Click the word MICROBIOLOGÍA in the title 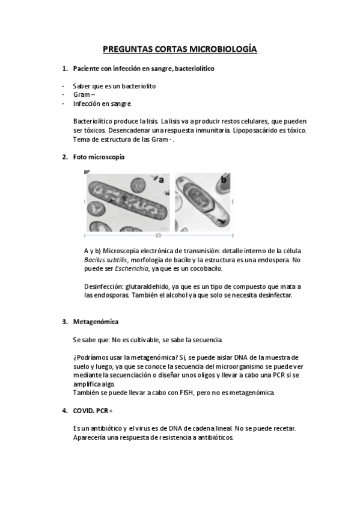point(224,49)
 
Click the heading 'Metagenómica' point(95,322)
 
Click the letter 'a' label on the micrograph point(161,179)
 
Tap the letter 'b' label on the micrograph point(224,179)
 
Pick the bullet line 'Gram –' point(84,94)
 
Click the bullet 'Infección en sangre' point(102,103)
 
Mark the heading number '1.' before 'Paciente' point(65,69)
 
